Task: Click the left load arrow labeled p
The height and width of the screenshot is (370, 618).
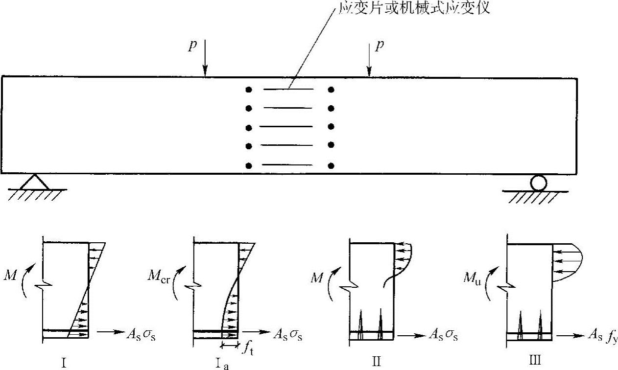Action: [x=205, y=60]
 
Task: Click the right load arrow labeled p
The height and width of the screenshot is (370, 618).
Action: [x=368, y=60]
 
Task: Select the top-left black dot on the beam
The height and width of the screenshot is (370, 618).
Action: [x=249, y=90]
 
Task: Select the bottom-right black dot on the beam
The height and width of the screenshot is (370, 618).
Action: [x=332, y=165]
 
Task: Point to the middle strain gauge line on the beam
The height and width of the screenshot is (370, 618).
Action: [x=286, y=127]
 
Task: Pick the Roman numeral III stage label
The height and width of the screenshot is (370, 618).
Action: [x=535, y=361]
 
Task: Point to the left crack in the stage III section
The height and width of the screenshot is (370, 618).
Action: [x=520, y=323]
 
